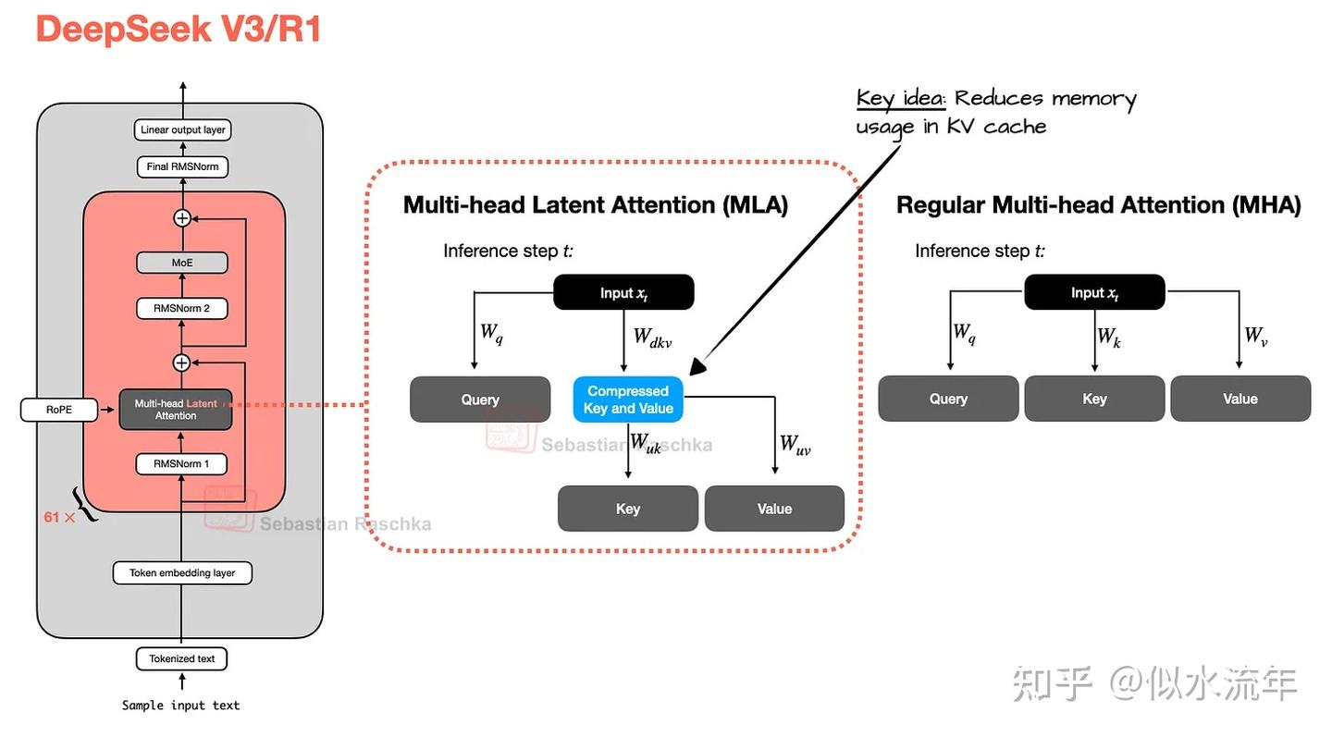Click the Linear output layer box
pos(182,129)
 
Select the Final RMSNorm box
pos(182,167)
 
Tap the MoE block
pos(182,263)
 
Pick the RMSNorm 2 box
pos(182,309)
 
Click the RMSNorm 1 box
pos(181,463)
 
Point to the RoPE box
pos(59,410)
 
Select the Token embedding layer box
pos(182,573)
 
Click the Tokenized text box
pos(181,658)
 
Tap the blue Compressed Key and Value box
pos(628,399)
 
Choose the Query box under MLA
pos(480,399)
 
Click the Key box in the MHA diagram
pos(1094,399)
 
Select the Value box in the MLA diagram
pos(774,509)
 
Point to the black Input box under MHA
pos(1094,292)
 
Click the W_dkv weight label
pos(652,338)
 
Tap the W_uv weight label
pos(795,444)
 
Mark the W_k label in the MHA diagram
pos(1109,337)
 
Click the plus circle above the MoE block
pos(182,218)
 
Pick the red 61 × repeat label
pos(59,517)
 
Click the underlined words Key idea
pos(900,99)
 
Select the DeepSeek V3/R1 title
pos(179,29)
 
